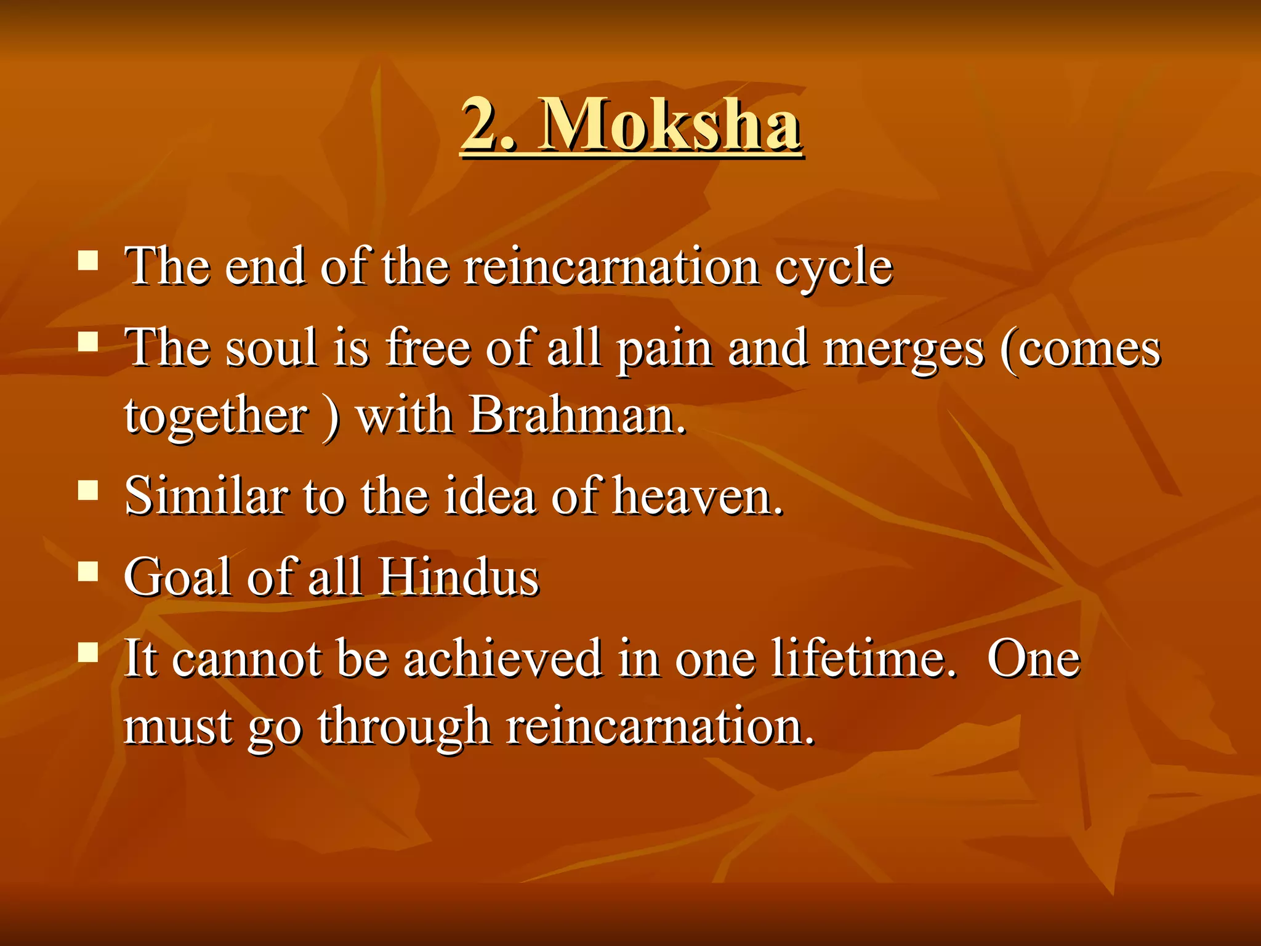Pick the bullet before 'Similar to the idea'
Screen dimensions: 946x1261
tap(89, 490)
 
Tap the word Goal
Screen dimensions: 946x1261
tap(179, 578)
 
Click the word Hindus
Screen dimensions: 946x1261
tap(459, 578)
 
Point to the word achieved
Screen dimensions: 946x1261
tap(502, 659)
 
